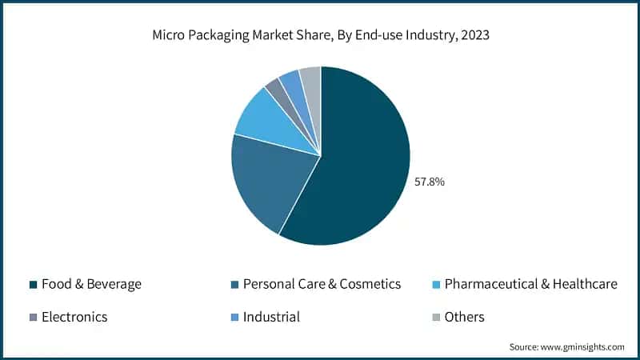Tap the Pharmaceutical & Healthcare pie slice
click(268, 124)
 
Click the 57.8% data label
click(429, 182)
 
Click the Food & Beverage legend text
click(91, 284)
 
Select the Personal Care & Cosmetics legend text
click(322, 284)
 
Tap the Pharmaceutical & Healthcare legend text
click(530, 284)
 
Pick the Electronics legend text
click(74, 317)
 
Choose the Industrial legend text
click(271, 317)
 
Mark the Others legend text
click(464, 317)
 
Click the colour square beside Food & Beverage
click(33, 285)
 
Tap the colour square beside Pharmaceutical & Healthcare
click(435, 285)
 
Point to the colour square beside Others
click(435, 318)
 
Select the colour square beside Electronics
click(33, 318)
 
